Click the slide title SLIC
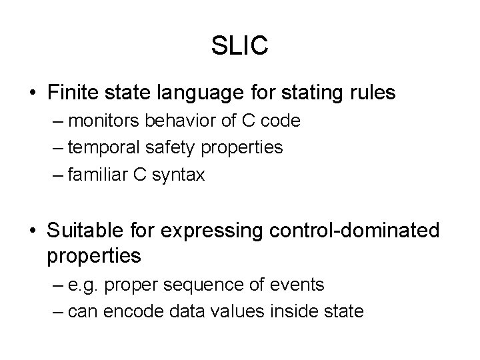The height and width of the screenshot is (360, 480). point(240,45)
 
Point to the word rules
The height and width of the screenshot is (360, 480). point(373,92)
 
